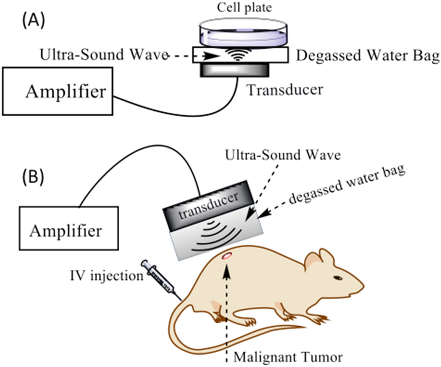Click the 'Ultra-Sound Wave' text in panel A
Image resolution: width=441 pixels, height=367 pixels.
(x=103, y=55)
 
